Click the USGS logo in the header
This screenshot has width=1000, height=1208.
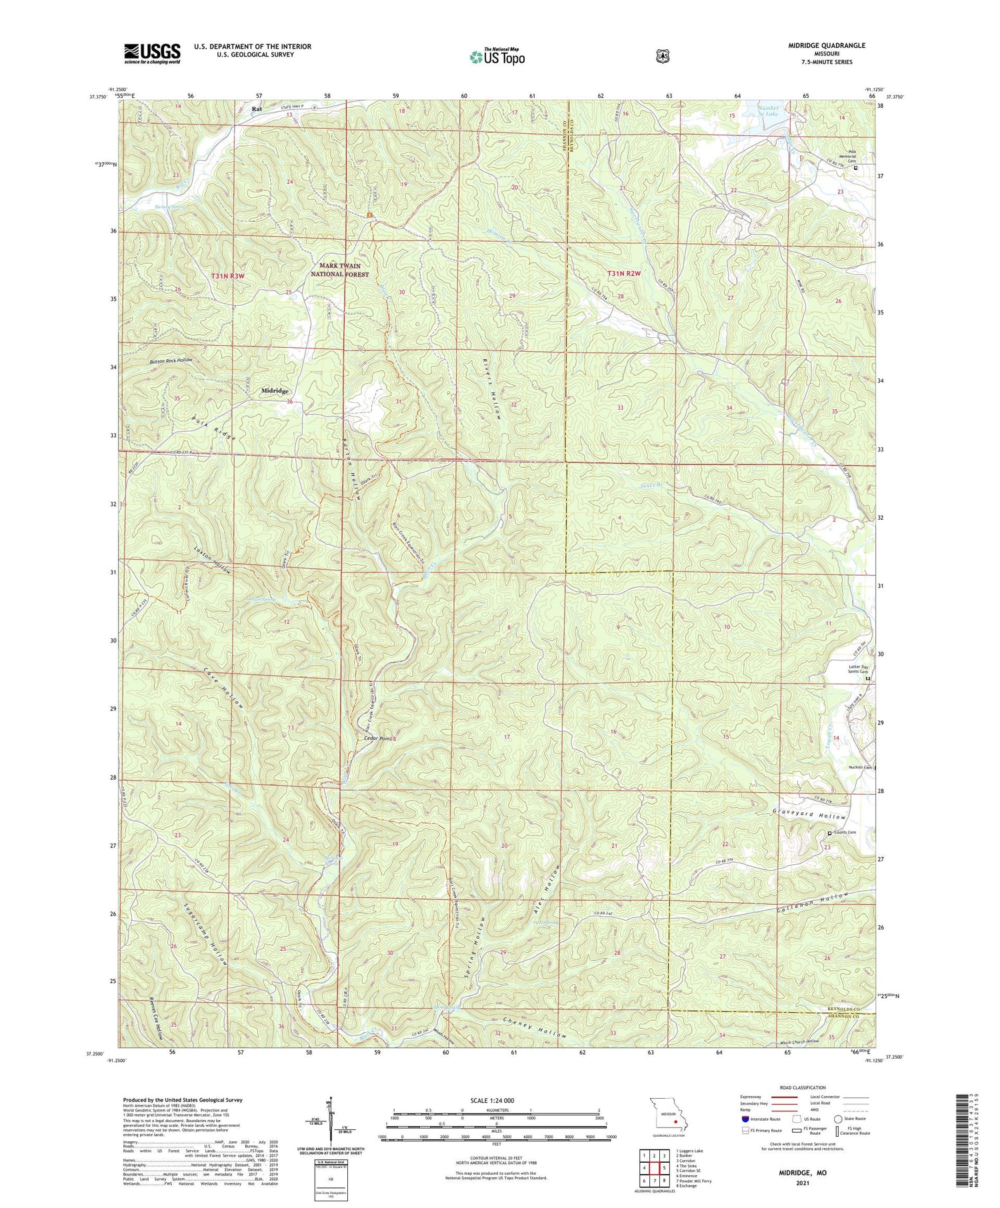pos(151,53)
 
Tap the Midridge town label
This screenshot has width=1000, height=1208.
pos(275,391)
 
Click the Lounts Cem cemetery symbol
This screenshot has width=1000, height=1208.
pos(830,833)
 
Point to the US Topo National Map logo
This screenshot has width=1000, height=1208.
pos(497,57)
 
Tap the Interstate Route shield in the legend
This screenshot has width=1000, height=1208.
pos(744,1119)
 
